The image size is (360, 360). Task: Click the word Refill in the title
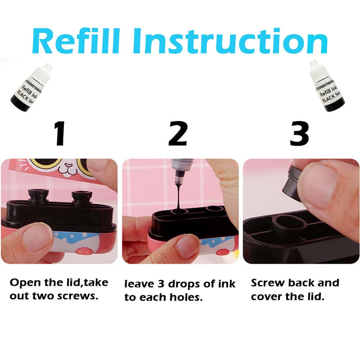click(76, 40)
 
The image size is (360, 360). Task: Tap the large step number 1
click(60, 134)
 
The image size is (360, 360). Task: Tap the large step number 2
click(178, 134)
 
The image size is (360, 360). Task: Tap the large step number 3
click(299, 134)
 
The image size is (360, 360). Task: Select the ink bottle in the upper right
click(327, 86)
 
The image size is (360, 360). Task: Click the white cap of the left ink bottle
click(45, 70)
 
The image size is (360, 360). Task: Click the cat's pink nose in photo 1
click(68, 165)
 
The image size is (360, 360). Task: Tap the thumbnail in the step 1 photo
click(37, 237)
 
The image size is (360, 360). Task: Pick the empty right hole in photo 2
click(215, 209)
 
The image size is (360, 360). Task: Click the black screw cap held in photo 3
click(293, 184)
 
